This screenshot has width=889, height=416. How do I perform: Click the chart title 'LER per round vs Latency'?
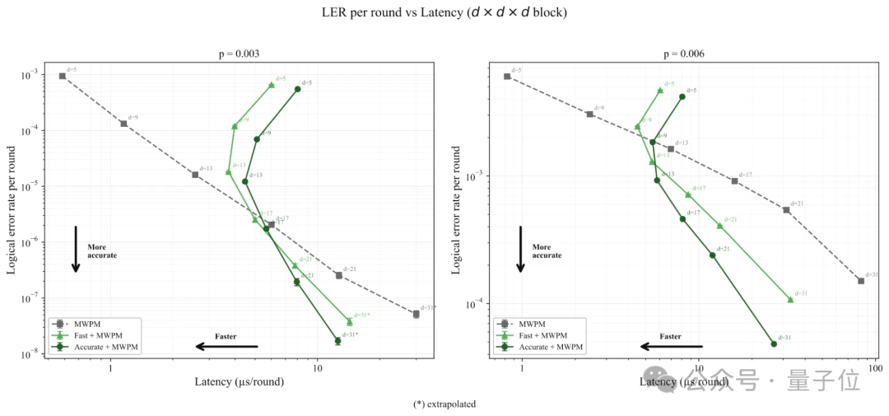[x=444, y=12]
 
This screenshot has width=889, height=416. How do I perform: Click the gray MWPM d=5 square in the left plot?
[x=63, y=76]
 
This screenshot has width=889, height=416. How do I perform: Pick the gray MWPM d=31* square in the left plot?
[x=416, y=314]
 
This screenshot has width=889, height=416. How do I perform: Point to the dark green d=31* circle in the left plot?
[x=337, y=340]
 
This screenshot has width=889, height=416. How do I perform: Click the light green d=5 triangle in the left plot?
[x=272, y=85]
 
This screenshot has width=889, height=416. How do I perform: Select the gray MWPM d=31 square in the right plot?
[x=861, y=281]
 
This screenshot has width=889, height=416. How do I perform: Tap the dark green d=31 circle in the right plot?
[x=774, y=344]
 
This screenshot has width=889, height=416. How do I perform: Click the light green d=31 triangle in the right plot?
[x=790, y=300]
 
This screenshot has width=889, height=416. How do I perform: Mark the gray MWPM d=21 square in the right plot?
[x=786, y=210]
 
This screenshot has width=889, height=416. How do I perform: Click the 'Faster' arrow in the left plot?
[x=226, y=346]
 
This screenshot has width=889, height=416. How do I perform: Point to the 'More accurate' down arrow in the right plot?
[x=520, y=248]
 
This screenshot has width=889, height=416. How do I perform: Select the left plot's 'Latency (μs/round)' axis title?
[x=240, y=381]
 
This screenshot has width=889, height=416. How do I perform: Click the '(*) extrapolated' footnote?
[x=444, y=404]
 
